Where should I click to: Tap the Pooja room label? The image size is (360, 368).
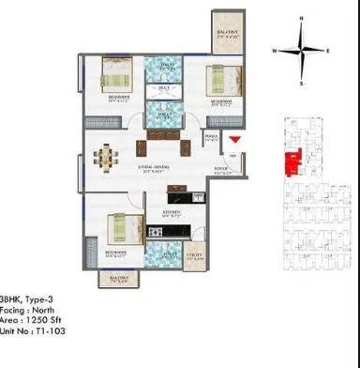click(212, 135)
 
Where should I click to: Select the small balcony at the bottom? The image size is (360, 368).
click(117, 279)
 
